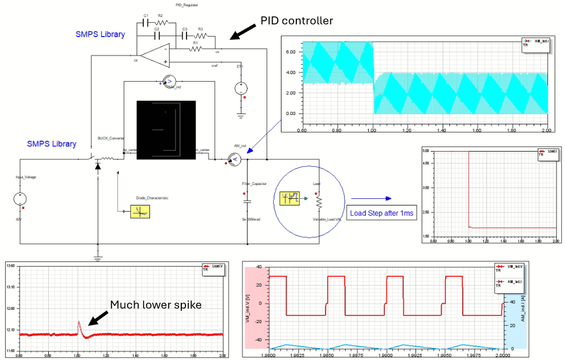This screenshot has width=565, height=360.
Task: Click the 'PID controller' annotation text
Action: click(x=296, y=20)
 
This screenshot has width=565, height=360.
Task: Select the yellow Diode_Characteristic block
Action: click(x=140, y=211)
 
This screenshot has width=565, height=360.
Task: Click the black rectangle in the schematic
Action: click(x=166, y=129)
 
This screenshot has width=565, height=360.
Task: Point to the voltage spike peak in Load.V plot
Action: click(x=78, y=321)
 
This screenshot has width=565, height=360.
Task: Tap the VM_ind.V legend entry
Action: click(x=509, y=266)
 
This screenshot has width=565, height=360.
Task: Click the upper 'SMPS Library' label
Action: click(x=100, y=34)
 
